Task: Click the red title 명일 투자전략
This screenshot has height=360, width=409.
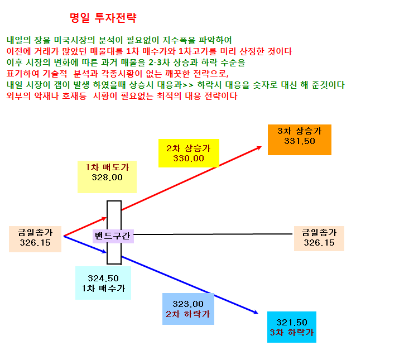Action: [103, 18]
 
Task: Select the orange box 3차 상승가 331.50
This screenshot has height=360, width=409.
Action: [300, 140]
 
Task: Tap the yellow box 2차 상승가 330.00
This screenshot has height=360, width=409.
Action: [189, 153]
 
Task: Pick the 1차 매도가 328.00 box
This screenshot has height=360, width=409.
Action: [107, 177]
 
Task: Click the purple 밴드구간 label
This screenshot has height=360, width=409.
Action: [113, 236]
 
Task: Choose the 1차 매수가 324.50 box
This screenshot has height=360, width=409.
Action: [103, 283]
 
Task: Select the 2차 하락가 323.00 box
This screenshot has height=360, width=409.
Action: [188, 309]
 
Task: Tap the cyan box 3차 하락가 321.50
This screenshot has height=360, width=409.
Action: [292, 327]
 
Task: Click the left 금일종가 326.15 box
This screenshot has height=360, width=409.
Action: [35, 239]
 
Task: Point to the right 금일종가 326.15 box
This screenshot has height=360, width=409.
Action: [319, 238]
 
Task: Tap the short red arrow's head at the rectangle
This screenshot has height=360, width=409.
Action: [104, 218]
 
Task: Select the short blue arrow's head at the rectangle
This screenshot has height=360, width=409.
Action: [104, 252]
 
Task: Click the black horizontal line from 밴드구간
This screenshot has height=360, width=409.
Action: [213, 234]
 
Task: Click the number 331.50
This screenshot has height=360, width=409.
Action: [300, 141]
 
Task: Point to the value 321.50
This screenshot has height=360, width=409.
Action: [292, 323]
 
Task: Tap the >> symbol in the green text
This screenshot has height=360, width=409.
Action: [188, 85]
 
